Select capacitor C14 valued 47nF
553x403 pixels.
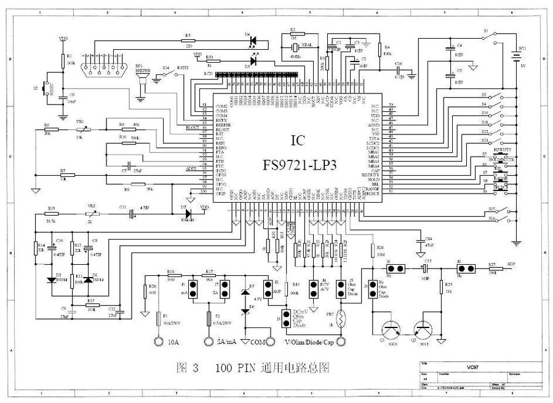tap(420, 240)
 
